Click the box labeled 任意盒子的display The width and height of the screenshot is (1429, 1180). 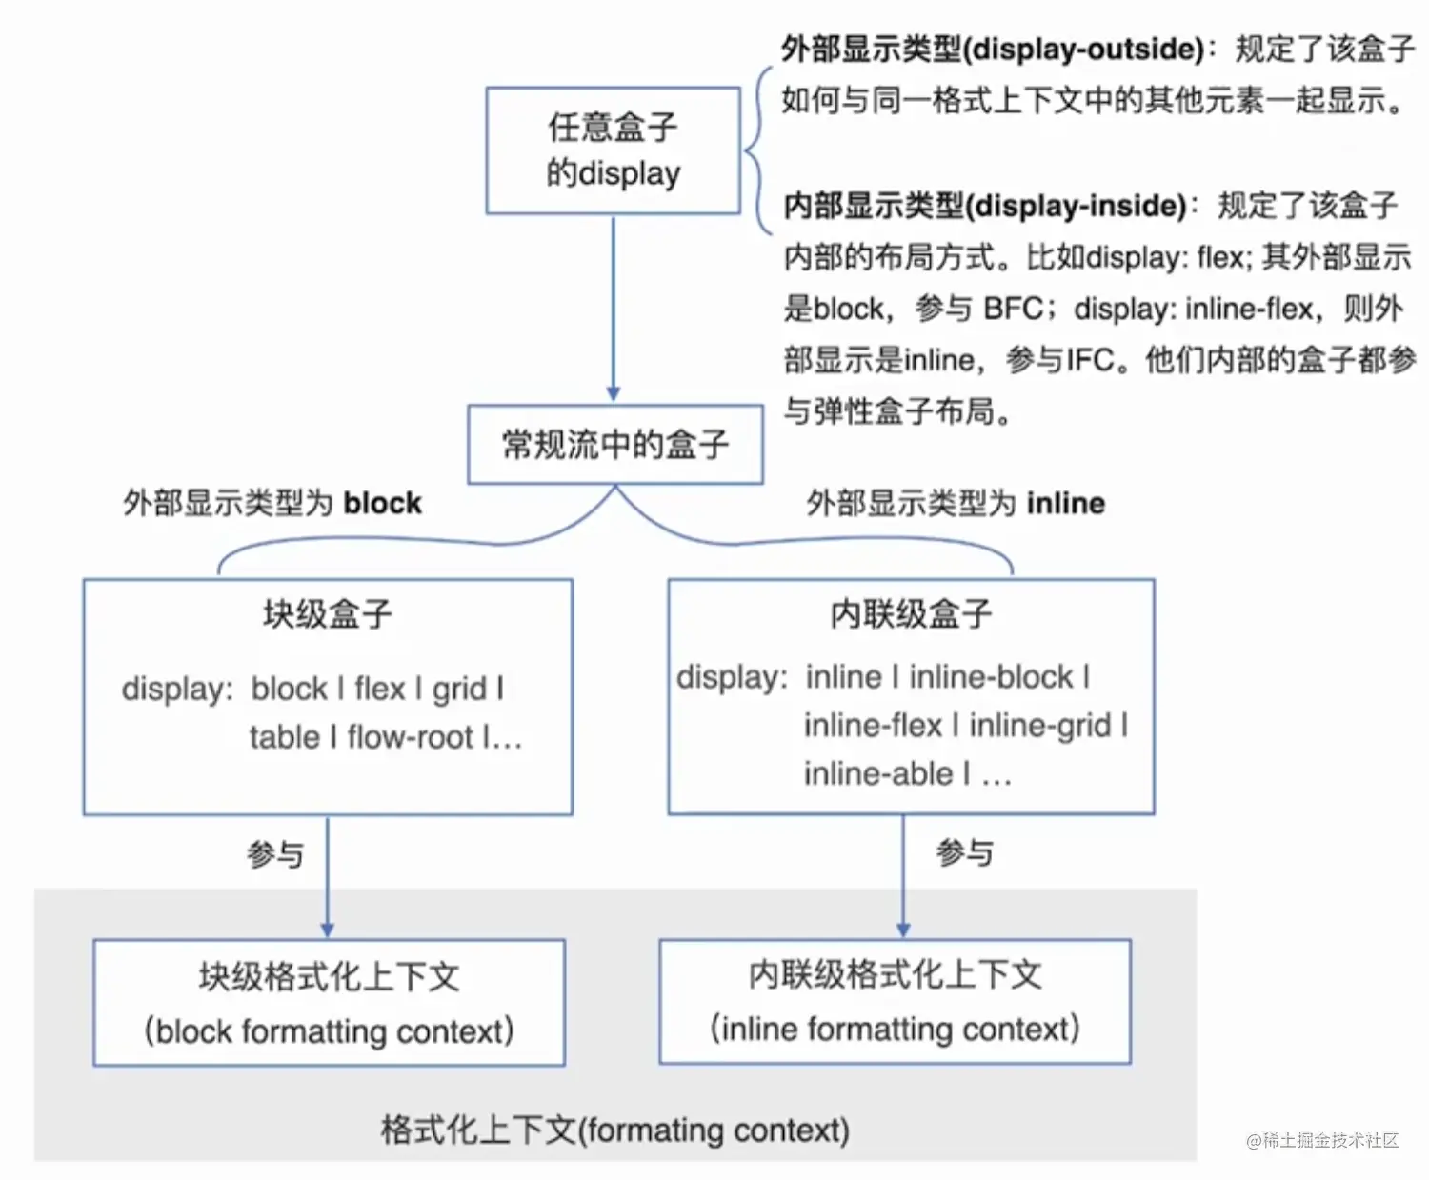[x=613, y=150]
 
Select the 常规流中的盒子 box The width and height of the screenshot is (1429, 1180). [x=614, y=445]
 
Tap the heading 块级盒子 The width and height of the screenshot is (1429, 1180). [x=327, y=614]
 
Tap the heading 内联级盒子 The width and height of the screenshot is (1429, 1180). [x=911, y=614]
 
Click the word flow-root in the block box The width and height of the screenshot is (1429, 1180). [x=410, y=737]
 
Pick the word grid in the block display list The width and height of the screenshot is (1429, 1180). [x=459, y=689]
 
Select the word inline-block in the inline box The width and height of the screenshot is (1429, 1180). [x=991, y=677]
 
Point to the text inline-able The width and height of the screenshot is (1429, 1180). [x=877, y=774]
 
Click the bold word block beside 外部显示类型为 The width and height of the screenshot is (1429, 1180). [x=382, y=503]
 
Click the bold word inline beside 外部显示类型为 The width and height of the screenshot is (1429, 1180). [x=1065, y=503]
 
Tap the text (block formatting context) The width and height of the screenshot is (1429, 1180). [x=329, y=1031]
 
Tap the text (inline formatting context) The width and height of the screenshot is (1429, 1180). [x=895, y=1030]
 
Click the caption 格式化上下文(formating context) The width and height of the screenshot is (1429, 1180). [x=614, y=1130]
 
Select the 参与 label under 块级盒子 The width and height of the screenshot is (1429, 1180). [x=275, y=854]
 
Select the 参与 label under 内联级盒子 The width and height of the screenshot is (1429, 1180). [x=964, y=852]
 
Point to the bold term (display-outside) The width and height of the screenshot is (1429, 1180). [x=1084, y=49]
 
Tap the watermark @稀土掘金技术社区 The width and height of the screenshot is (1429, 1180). [x=1321, y=1140]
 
